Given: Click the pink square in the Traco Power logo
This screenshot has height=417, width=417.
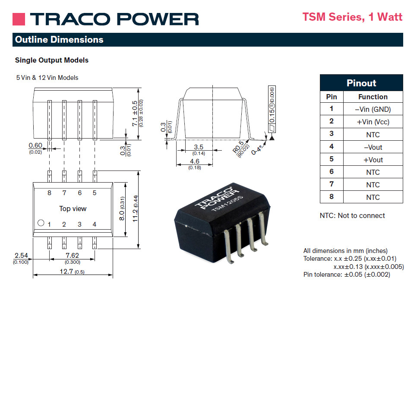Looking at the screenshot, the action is (19, 19).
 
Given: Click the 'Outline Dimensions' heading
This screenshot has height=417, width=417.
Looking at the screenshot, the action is (59, 40).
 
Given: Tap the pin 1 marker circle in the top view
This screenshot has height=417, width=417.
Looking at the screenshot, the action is (41, 223).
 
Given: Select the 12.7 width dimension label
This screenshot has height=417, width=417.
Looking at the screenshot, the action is (66, 271).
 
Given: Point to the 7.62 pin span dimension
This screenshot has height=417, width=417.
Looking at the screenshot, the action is (73, 255).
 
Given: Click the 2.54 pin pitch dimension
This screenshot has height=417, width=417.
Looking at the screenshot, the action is (21, 255).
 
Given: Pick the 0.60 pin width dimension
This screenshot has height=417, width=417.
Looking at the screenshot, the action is (35, 145).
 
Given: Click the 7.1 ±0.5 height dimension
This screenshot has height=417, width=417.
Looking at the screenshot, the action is (135, 114).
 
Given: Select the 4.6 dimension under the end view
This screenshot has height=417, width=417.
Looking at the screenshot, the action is (195, 161).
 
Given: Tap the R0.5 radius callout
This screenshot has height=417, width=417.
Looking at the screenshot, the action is (238, 147).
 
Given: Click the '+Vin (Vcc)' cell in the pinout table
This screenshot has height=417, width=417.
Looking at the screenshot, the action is (373, 122).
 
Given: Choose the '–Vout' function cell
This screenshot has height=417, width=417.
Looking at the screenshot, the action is (373, 147).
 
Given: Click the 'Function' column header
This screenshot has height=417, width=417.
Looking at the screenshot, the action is (373, 97).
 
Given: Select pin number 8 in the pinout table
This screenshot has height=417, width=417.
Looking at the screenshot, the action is (332, 196).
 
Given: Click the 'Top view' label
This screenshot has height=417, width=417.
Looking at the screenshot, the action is (73, 208).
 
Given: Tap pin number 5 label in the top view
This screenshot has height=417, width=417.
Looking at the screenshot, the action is (95, 193).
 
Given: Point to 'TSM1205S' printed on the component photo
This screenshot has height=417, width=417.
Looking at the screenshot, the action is (227, 203).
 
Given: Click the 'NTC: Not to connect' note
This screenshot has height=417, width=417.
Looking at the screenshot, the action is (352, 215).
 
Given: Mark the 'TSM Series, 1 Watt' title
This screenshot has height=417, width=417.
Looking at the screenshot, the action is (352, 17).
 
